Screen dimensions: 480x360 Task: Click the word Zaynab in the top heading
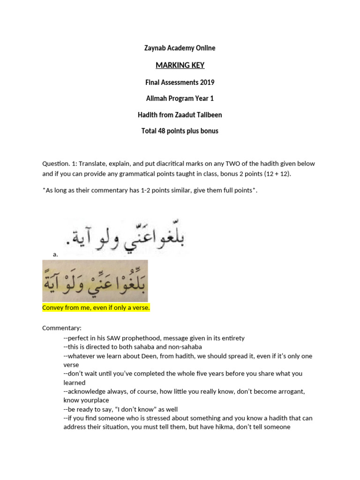pos(155,48)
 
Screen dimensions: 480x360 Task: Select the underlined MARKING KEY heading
pos(180,65)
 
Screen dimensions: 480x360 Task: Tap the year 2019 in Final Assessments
pos(206,82)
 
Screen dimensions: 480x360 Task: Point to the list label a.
pos(55,254)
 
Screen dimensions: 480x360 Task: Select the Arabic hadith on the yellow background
pos(95,281)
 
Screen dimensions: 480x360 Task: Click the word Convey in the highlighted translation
pos(52,307)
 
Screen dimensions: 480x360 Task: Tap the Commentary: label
pos(61,328)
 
